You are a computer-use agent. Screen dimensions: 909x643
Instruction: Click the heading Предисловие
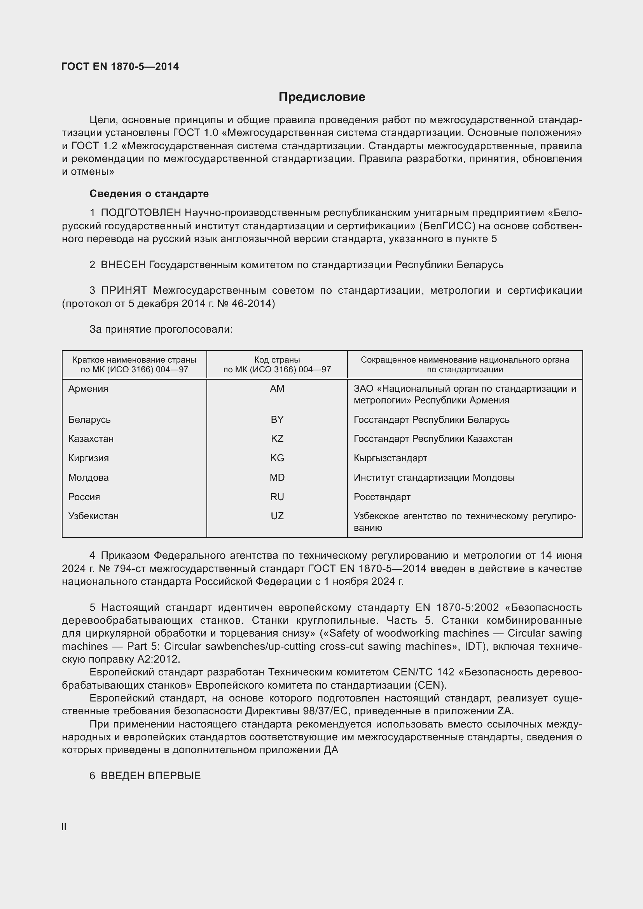click(x=321, y=97)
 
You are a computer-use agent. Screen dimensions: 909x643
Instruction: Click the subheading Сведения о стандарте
click(x=149, y=194)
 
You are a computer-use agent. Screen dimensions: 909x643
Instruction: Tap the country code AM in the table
click(x=277, y=388)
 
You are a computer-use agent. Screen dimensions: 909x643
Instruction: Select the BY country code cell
click(x=277, y=419)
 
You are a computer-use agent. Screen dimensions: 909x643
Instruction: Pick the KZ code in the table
click(x=277, y=439)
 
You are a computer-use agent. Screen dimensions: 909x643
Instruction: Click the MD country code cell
click(x=277, y=478)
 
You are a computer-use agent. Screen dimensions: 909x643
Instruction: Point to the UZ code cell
click(x=277, y=516)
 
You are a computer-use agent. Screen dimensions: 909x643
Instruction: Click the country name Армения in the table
click(x=88, y=388)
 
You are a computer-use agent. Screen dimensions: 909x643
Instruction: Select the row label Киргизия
click(x=88, y=458)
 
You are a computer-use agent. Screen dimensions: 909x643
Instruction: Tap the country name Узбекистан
click(x=93, y=516)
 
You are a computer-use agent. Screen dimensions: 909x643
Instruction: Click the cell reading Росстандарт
click(x=382, y=497)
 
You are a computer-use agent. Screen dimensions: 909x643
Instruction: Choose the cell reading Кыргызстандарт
click(x=390, y=458)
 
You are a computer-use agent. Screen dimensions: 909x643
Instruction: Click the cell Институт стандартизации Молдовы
click(x=434, y=478)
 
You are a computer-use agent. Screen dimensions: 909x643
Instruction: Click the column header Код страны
click(x=277, y=360)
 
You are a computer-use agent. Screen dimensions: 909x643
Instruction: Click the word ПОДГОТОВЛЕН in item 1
click(x=141, y=213)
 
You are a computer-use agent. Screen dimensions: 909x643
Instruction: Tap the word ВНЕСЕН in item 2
click(x=123, y=265)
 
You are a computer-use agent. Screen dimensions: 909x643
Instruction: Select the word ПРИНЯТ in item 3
click(x=124, y=291)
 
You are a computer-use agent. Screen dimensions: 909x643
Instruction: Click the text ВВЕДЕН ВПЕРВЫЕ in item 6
click(x=150, y=776)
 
